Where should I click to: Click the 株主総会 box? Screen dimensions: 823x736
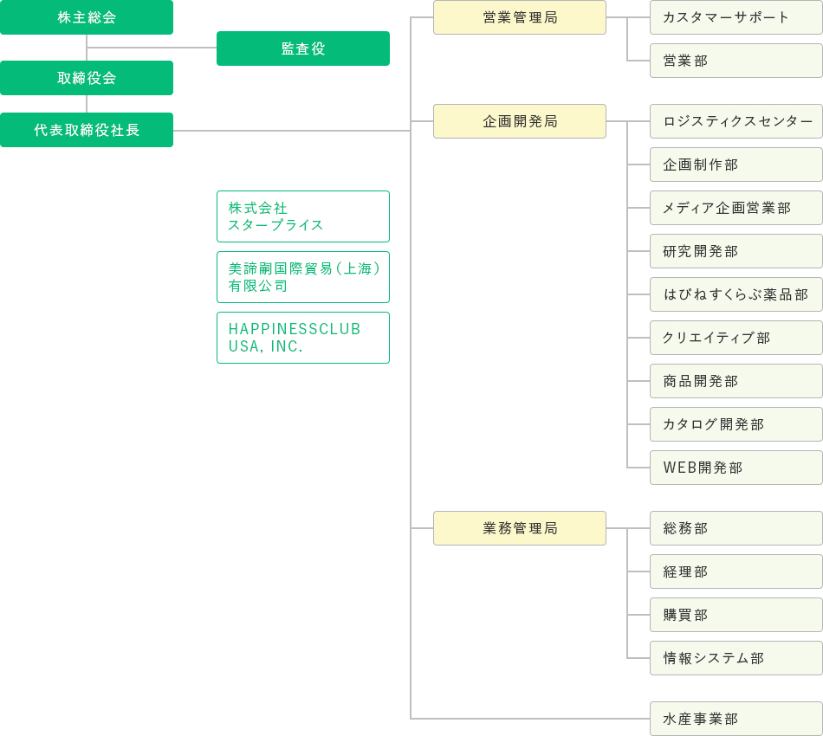tap(87, 17)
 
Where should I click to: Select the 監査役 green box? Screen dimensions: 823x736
tap(303, 48)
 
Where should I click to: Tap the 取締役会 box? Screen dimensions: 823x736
tap(87, 78)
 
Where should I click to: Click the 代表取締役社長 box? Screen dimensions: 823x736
tap(87, 130)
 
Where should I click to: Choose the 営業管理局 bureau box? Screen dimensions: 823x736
tap(520, 17)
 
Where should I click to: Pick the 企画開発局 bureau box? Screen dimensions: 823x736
tap(520, 121)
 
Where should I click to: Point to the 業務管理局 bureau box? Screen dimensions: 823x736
tap(520, 528)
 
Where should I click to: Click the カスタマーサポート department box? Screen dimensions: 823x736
tap(736, 17)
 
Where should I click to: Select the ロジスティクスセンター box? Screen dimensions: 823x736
tap(736, 121)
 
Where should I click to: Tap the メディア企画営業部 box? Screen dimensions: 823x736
tap(736, 208)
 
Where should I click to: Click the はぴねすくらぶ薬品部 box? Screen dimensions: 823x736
tap(736, 294)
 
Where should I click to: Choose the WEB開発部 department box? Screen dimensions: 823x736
tap(736, 468)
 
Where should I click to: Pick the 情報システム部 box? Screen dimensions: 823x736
tap(736, 658)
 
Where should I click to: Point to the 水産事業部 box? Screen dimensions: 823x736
tap(736, 719)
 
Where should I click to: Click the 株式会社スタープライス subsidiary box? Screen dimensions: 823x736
tap(303, 216)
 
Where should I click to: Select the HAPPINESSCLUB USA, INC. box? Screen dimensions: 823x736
tap(303, 338)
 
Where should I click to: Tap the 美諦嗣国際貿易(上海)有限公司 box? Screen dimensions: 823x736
tap(303, 277)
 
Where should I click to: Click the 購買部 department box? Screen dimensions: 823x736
tap(736, 615)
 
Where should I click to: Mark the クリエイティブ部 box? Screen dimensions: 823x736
tap(736, 338)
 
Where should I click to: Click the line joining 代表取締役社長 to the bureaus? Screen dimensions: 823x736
tap(292, 131)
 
